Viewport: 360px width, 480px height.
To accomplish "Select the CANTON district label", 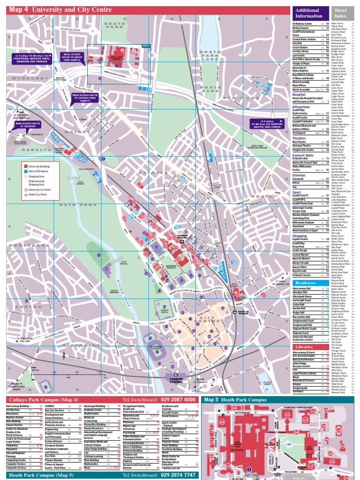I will point(17,307).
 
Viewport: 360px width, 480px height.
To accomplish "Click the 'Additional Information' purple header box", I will point(308,13).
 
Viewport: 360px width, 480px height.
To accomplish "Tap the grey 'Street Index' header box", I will point(340,13).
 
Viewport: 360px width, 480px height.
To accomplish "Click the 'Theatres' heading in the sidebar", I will point(299,138).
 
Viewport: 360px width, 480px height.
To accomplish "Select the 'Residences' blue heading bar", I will point(308,283).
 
